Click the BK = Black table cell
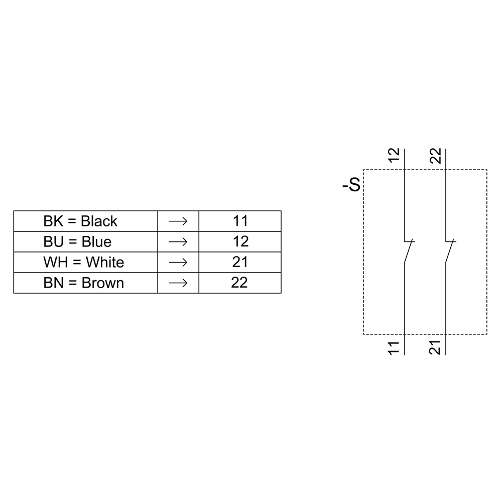(80, 221)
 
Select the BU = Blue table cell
(77, 241)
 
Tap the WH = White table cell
(83, 262)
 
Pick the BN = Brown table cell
(83, 283)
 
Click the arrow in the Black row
(178, 221)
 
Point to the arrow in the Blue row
(178, 241)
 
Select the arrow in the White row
(178, 262)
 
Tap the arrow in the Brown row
(178, 283)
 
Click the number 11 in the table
(240, 221)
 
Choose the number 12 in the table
(240, 241)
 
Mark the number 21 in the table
(240, 262)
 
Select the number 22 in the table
(239, 283)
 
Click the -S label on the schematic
(351, 186)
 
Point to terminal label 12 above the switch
(394, 156)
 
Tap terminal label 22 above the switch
(436, 156)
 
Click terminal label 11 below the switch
(394, 347)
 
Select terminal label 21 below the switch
(436, 347)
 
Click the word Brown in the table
(102, 283)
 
